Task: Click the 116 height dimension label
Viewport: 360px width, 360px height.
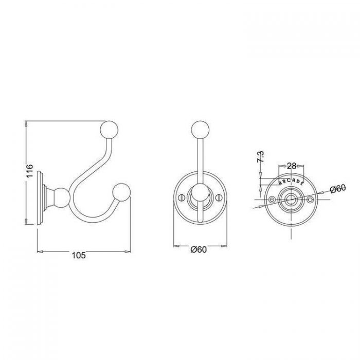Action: (30, 171)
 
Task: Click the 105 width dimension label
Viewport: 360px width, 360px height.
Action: (79, 255)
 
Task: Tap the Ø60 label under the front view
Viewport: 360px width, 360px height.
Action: (199, 249)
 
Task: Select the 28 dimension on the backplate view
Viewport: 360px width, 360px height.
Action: (292, 166)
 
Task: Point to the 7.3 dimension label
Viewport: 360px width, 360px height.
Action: (260, 157)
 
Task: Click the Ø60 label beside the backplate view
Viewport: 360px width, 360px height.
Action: (338, 189)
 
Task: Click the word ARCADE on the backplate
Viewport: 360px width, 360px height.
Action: (292, 182)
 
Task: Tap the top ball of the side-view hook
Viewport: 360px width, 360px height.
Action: (109, 130)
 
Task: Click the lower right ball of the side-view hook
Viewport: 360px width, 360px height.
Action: (121, 192)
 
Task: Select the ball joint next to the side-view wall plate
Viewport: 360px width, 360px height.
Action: (61, 197)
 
